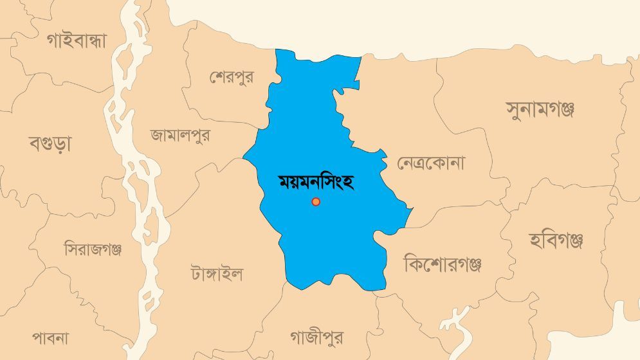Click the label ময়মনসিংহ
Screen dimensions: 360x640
click(316, 181)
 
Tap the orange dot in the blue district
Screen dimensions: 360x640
click(316, 202)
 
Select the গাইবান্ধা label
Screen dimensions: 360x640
click(76, 40)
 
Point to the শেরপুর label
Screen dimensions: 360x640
click(232, 76)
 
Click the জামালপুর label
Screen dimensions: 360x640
click(180, 136)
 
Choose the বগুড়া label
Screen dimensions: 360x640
click(50, 143)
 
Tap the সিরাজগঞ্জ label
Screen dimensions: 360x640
click(93, 249)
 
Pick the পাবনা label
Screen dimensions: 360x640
click(50, 337)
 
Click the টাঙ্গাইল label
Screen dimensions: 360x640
click(217, 274)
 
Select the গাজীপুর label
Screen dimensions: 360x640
click(316, 337)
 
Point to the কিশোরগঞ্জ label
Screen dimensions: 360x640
click(443, 264)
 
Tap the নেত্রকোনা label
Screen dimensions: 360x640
click(430, 163)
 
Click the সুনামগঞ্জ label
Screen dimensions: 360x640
click(540, 108)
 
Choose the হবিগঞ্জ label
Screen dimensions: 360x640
click(556, 241)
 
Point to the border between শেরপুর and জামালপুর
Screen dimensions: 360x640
click(212, 120)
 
